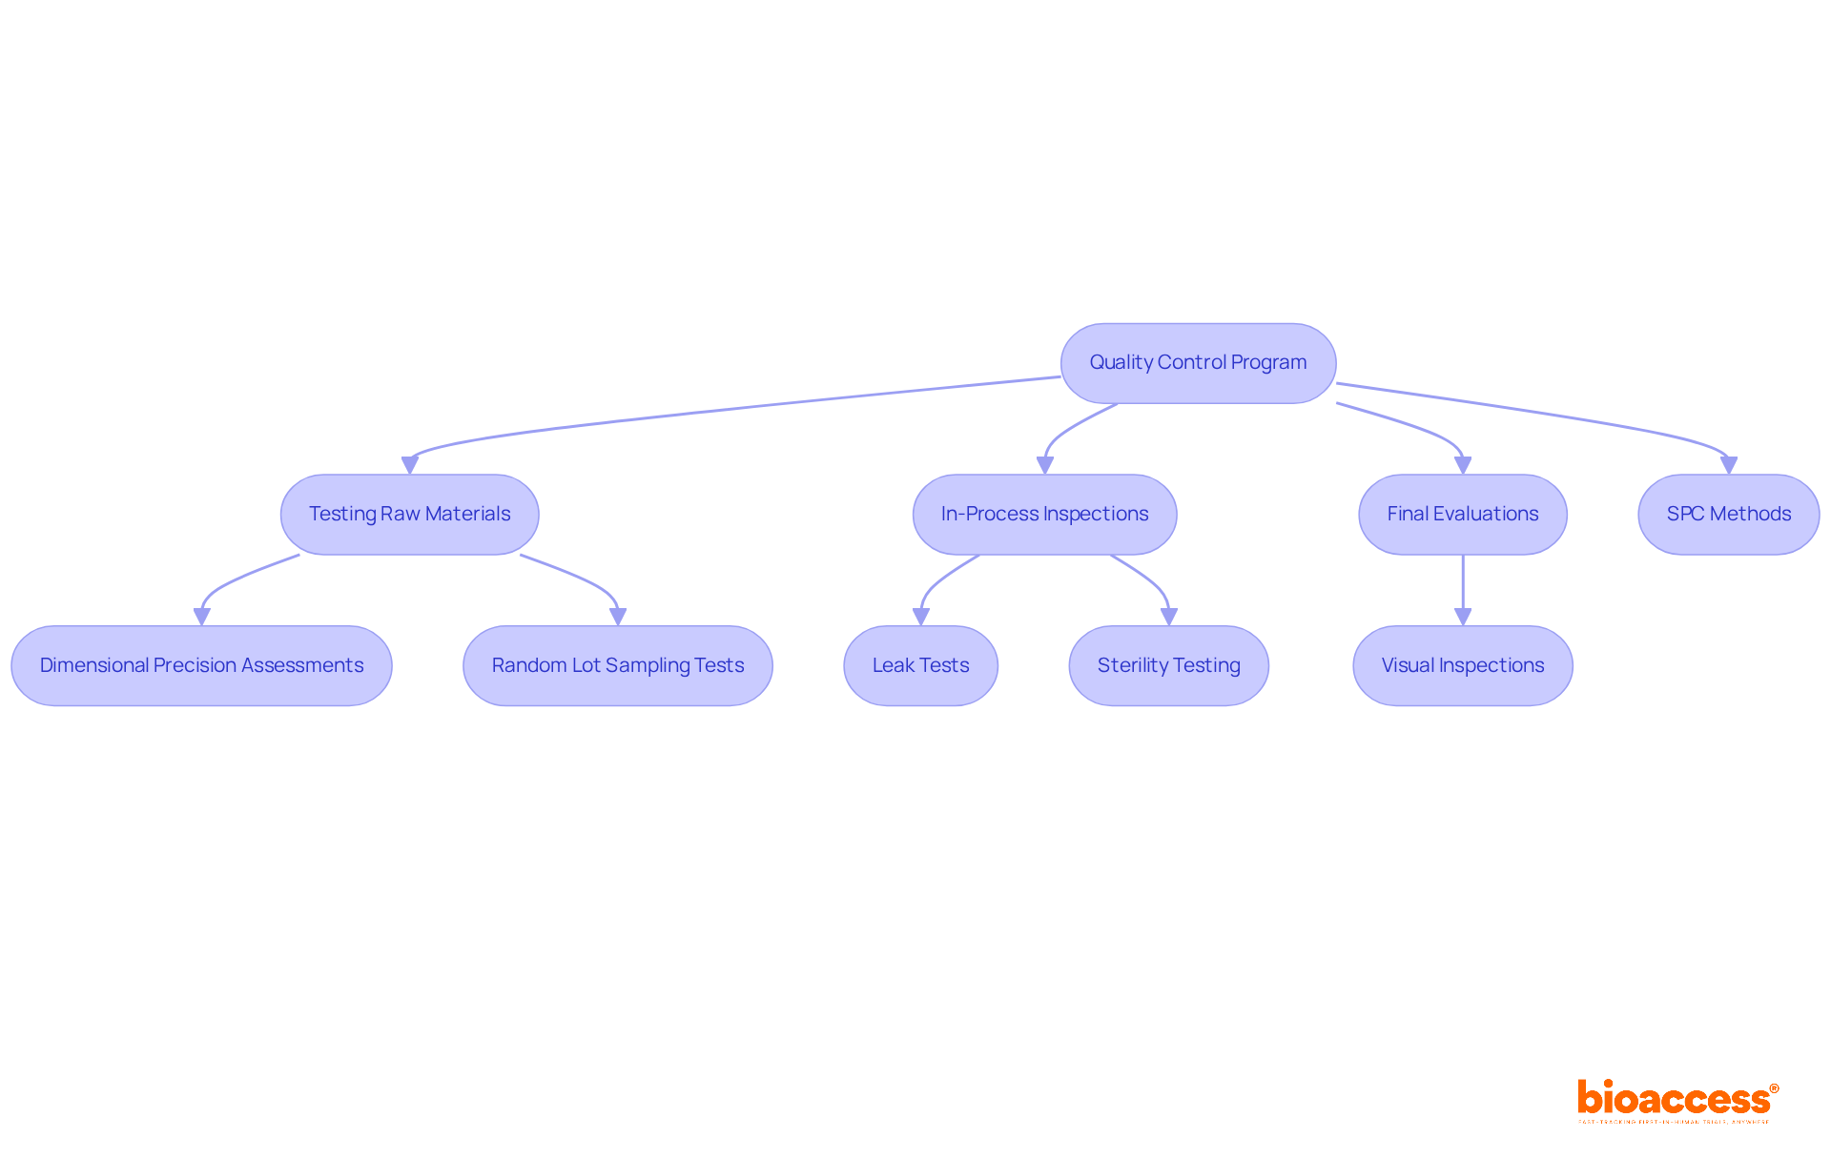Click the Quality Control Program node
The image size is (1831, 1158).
[x=1198, y=363]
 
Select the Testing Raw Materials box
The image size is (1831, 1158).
[x=409, y=515]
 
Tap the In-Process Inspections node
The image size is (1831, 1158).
[x=1044, y=515]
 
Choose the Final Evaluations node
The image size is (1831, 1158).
[x=1462, y=515]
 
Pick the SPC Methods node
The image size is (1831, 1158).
[x=1728, y=515]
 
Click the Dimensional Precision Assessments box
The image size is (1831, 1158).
[x=201, y=665]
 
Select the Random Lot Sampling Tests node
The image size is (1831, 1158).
[x=617, y=665]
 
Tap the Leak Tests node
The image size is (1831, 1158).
[x=920, y=665]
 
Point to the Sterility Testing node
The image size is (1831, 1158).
[x=1168, y=665]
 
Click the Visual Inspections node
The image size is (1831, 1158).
[x=1462, y=665]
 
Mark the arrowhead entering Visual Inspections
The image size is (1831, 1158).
[x=1463, y=617]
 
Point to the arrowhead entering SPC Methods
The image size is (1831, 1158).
[x=1728, y=465]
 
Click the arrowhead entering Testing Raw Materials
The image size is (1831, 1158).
[x=410, y=465]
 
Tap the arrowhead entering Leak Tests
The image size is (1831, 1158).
[x=921, y=617]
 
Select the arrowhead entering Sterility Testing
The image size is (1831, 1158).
[x=1169, y=617]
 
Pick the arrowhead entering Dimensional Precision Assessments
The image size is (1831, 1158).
[x=202, y=617]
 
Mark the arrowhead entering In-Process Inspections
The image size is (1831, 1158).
[x=1045, y=465]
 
